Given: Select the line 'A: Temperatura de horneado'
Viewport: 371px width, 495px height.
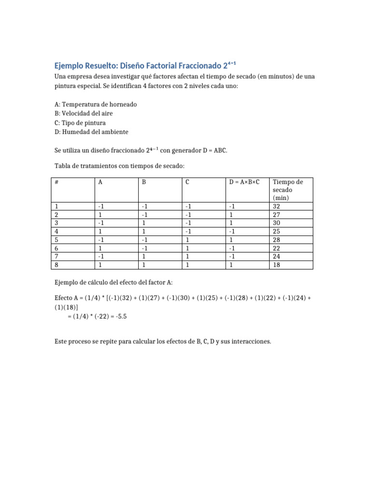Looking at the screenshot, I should [96, 104].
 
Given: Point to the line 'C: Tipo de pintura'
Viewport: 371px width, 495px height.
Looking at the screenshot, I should [80, 122].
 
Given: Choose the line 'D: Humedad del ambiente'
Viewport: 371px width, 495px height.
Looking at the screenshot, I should [91, 131].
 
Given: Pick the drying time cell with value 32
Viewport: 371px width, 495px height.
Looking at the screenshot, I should [277, 206].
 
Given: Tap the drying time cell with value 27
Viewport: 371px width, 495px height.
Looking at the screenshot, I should [277, 215].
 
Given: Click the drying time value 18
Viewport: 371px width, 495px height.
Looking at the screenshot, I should [277, 265].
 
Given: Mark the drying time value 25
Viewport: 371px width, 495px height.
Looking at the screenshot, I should [277, 232].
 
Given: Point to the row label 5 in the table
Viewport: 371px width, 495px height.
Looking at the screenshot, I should [57, 240].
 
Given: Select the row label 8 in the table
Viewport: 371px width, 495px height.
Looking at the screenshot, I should [57, 265].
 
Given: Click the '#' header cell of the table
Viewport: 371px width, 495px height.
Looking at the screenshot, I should [57, 182].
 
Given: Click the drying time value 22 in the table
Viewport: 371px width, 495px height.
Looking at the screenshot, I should [277, 248].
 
